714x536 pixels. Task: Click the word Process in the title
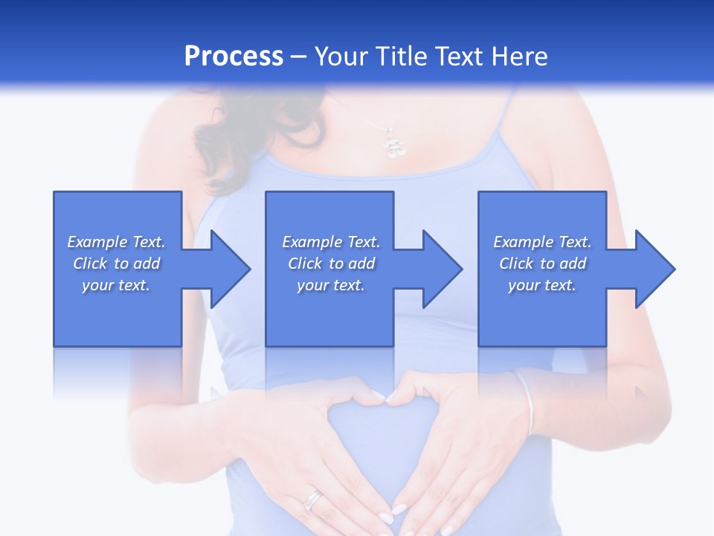pos(234,57)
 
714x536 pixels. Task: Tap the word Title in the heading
pos(404,57)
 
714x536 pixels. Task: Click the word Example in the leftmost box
pos(97,242)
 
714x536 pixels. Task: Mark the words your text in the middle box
pos(330,285)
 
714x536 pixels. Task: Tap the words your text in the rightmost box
pos(541,285)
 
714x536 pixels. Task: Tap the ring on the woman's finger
pos(315,499)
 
